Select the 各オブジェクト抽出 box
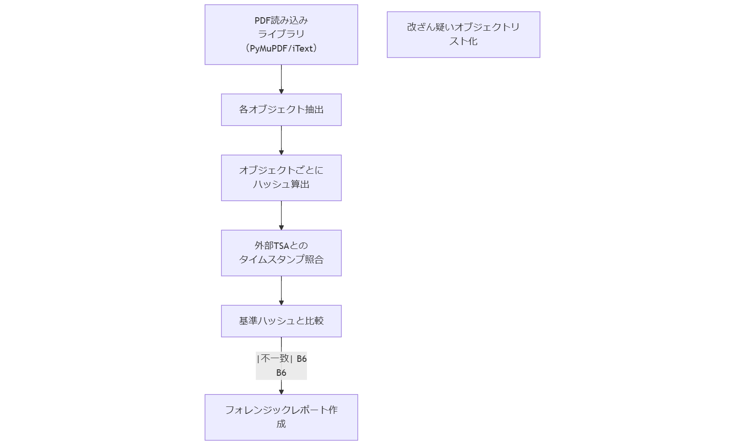click(281, 110)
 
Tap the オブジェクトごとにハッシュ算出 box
click(281, 177)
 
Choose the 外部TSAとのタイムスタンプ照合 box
click(281, 253)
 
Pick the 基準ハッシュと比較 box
click(281, 321)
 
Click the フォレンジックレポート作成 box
click(281, 417)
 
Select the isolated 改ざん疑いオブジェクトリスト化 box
click(463, 34)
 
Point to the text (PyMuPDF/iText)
click(281, 48)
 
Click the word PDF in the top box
click(262, 20)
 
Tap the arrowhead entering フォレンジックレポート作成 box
click(281, 392)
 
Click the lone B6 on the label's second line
click(281, 373)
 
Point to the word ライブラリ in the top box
click(281, 34)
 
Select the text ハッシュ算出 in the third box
click(281, 184)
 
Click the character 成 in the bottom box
click(281, 424)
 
